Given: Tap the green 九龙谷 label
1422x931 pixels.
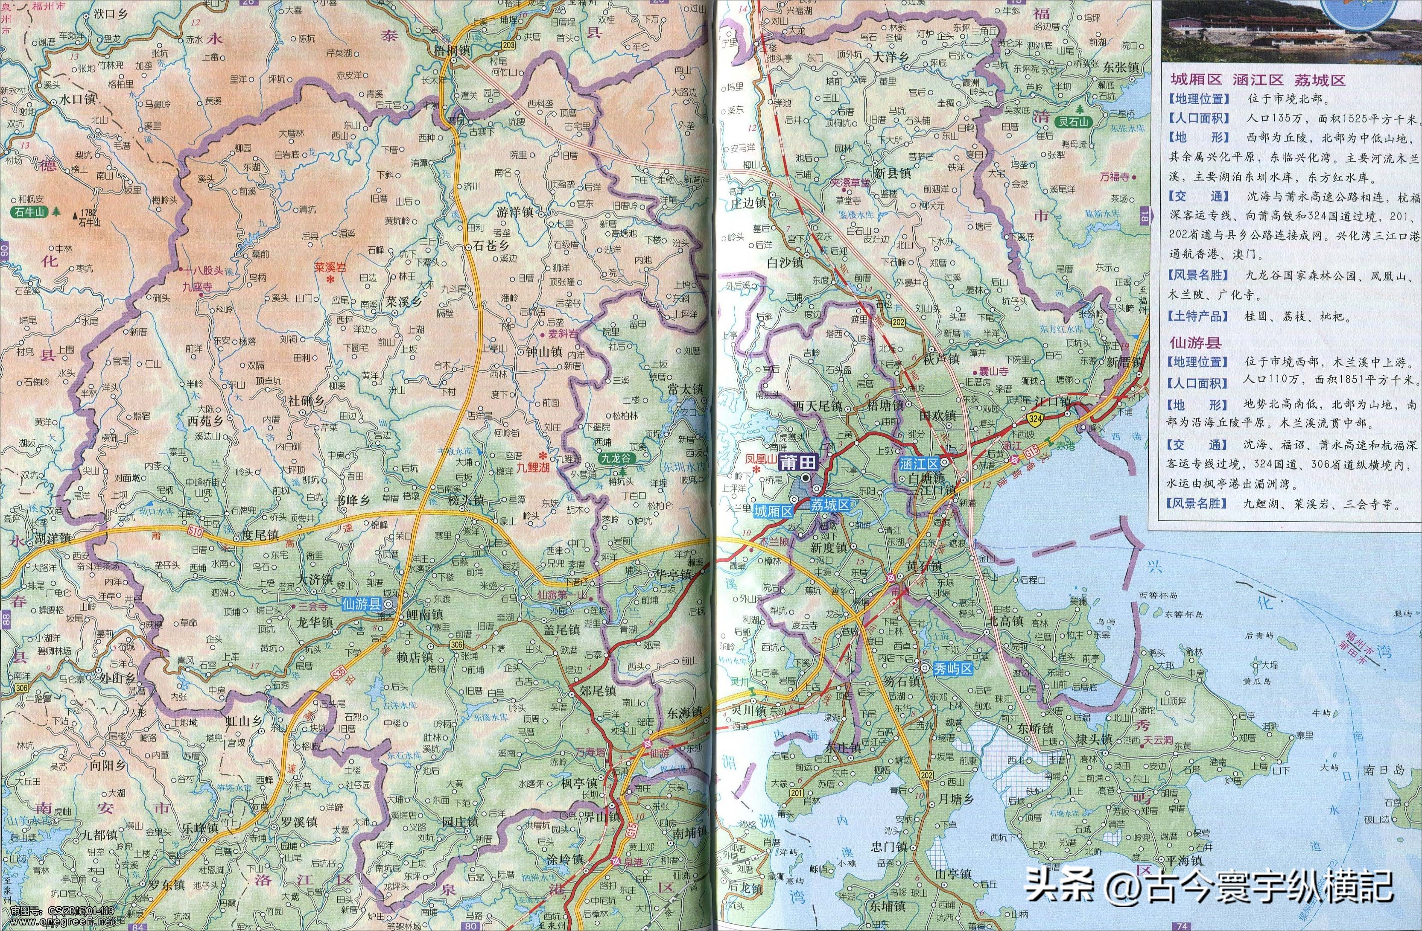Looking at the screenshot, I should click(x=616, y=458).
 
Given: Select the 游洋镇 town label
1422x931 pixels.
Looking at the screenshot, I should click(x=514, y=212).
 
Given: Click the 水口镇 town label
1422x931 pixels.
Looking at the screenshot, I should click(x=78, y=100).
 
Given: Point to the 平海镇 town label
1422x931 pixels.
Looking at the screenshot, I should click(x=1184, y=861).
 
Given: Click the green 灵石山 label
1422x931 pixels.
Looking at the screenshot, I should click(x=1071, y=122).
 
